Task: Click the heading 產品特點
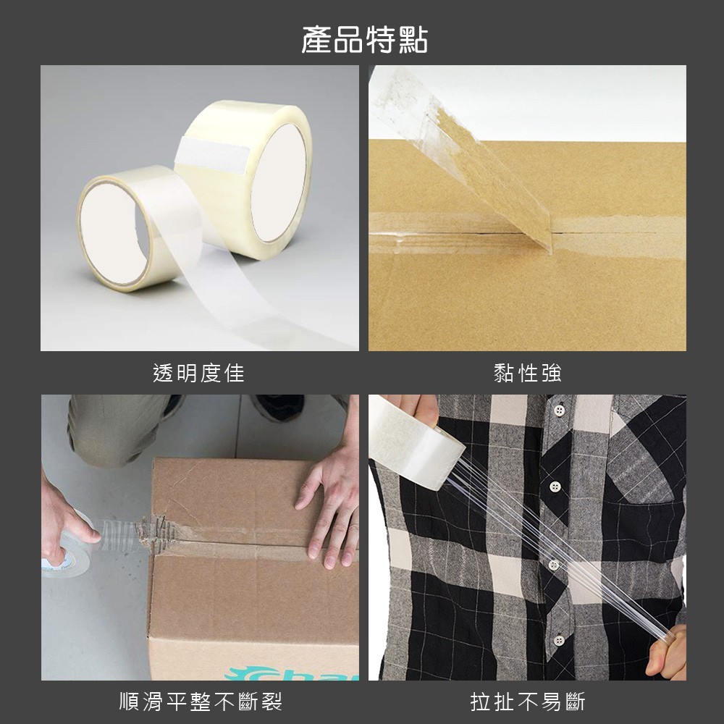(364, 40)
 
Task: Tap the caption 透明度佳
(198, 373)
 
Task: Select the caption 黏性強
(527, 373)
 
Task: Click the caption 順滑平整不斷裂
(201, 702)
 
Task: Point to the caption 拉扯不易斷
(527, 702)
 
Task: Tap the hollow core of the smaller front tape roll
(114, 233)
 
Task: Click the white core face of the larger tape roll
(279, 183)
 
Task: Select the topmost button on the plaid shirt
(560, 410)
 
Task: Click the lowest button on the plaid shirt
(559, 641)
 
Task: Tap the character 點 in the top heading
(413, 40)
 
